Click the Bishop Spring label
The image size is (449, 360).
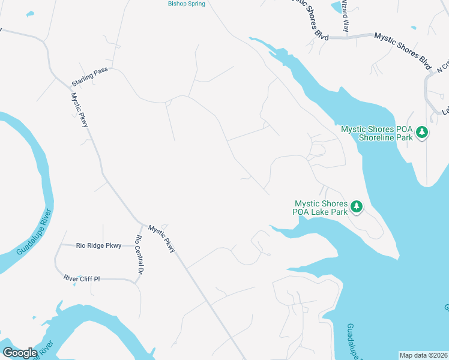click(186, 4)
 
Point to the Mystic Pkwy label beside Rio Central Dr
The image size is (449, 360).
click(161, 238)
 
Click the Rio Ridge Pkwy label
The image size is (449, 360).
click(98, 245)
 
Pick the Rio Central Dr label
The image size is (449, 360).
click(139, 256)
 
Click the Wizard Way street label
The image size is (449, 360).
click(345, 16)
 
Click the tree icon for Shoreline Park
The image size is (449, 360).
click(422, 132)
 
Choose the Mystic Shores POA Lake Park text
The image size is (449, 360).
click(321, 208)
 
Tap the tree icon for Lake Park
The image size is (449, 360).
click(357, 207)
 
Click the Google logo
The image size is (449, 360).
click(20, 352)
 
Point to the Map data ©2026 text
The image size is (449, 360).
click(423, 355)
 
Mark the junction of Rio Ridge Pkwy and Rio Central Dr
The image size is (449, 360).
click(136, 245)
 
